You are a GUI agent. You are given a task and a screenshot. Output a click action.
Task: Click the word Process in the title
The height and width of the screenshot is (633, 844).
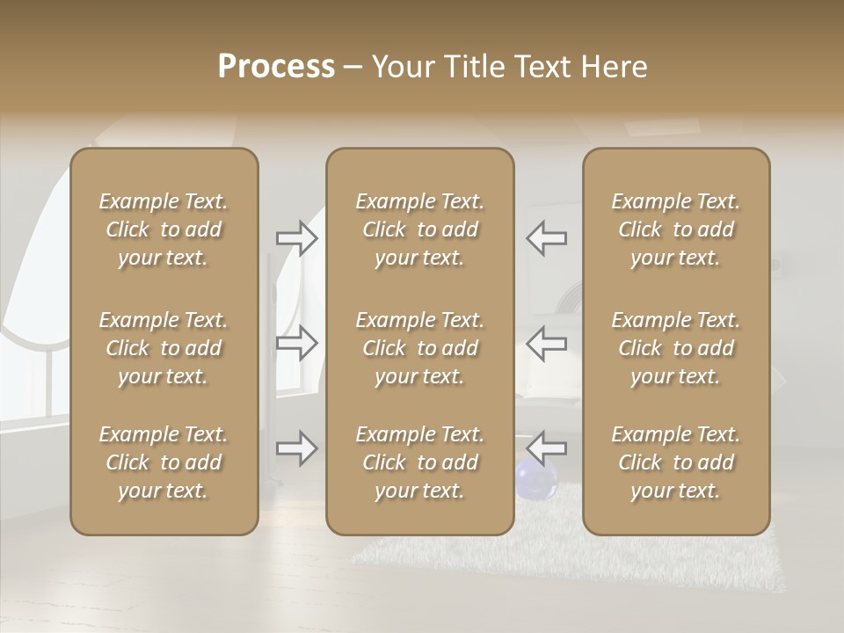[x=276, y=67]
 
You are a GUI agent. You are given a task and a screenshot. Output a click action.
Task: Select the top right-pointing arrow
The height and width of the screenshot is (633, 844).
[x=297, y=237]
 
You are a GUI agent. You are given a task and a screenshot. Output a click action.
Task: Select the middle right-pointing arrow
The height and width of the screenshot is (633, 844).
[x=297, y=343]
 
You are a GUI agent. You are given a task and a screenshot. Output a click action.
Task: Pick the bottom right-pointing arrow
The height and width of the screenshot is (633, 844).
[x=297, y=447]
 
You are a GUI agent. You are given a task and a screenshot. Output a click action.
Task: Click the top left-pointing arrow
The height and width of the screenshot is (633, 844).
[x=547, y=237]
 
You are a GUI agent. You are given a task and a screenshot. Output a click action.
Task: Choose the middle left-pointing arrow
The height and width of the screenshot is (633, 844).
[x=547, y=343]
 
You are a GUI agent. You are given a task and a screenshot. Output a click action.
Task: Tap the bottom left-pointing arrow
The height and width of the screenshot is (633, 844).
[x=547, y=447]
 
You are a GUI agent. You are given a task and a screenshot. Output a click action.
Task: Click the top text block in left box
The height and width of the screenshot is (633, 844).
[x=164, y=229]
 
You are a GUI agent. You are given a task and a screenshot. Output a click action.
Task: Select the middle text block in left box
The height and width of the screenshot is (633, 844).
[x=164, y=348]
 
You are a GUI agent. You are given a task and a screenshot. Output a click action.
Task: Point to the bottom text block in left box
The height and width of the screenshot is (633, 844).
[x=164, y=462]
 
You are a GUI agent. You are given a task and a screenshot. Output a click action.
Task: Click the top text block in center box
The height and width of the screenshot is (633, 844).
[x=420, y=229]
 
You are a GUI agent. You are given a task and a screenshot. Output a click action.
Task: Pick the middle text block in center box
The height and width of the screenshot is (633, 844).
[x=420, y=348]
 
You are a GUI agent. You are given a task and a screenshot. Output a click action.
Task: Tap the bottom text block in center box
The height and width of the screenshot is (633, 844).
[x=420, y=462]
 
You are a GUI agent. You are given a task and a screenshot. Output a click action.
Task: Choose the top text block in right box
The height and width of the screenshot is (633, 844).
[x=676, y=229]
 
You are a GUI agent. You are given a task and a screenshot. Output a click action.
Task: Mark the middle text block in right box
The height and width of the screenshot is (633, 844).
[x=676, y=348]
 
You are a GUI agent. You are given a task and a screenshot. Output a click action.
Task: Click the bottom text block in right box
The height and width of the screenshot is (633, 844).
[x=676, y=462]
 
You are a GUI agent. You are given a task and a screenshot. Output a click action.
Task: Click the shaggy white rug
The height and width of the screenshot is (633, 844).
[x=563, y=554]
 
